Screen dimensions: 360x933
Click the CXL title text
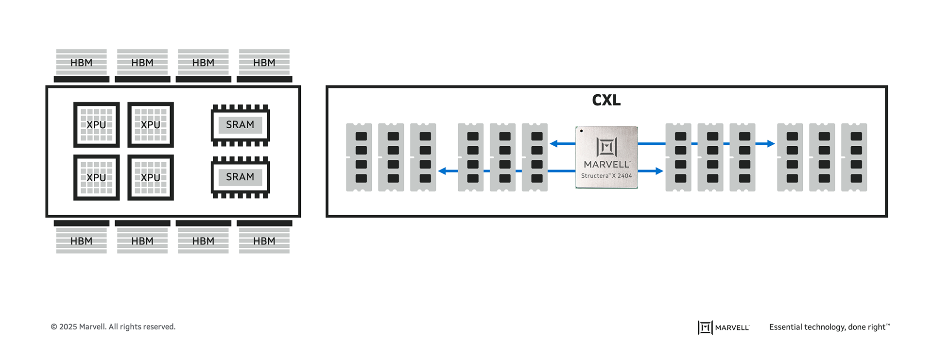[606, 100]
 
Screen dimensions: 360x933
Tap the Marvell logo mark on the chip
[606, 147]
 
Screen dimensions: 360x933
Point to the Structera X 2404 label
[606, 176]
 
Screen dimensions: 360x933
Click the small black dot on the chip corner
[581, 131]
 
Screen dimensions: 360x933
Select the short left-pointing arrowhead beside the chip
[553, 144]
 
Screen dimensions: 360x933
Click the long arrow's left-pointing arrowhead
[442, 171]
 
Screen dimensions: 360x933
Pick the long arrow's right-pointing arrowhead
[771, 144]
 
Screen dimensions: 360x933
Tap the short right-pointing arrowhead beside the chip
[659, 171]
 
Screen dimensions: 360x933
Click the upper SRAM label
[240, 125]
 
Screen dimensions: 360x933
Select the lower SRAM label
[240, 177]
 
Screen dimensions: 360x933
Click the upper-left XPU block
[96, 125]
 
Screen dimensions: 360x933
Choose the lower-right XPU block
[151, 178]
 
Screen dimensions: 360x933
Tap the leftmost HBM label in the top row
[81, 63]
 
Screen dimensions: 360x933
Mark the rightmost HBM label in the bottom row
[264, 241]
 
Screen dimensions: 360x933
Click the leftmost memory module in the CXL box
[359, 157]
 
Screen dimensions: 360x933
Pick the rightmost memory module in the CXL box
[854, 157]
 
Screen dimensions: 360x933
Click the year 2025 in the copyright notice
[68, 327]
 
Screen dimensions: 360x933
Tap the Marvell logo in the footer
[723, 327]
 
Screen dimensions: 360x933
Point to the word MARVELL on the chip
[606, 165]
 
